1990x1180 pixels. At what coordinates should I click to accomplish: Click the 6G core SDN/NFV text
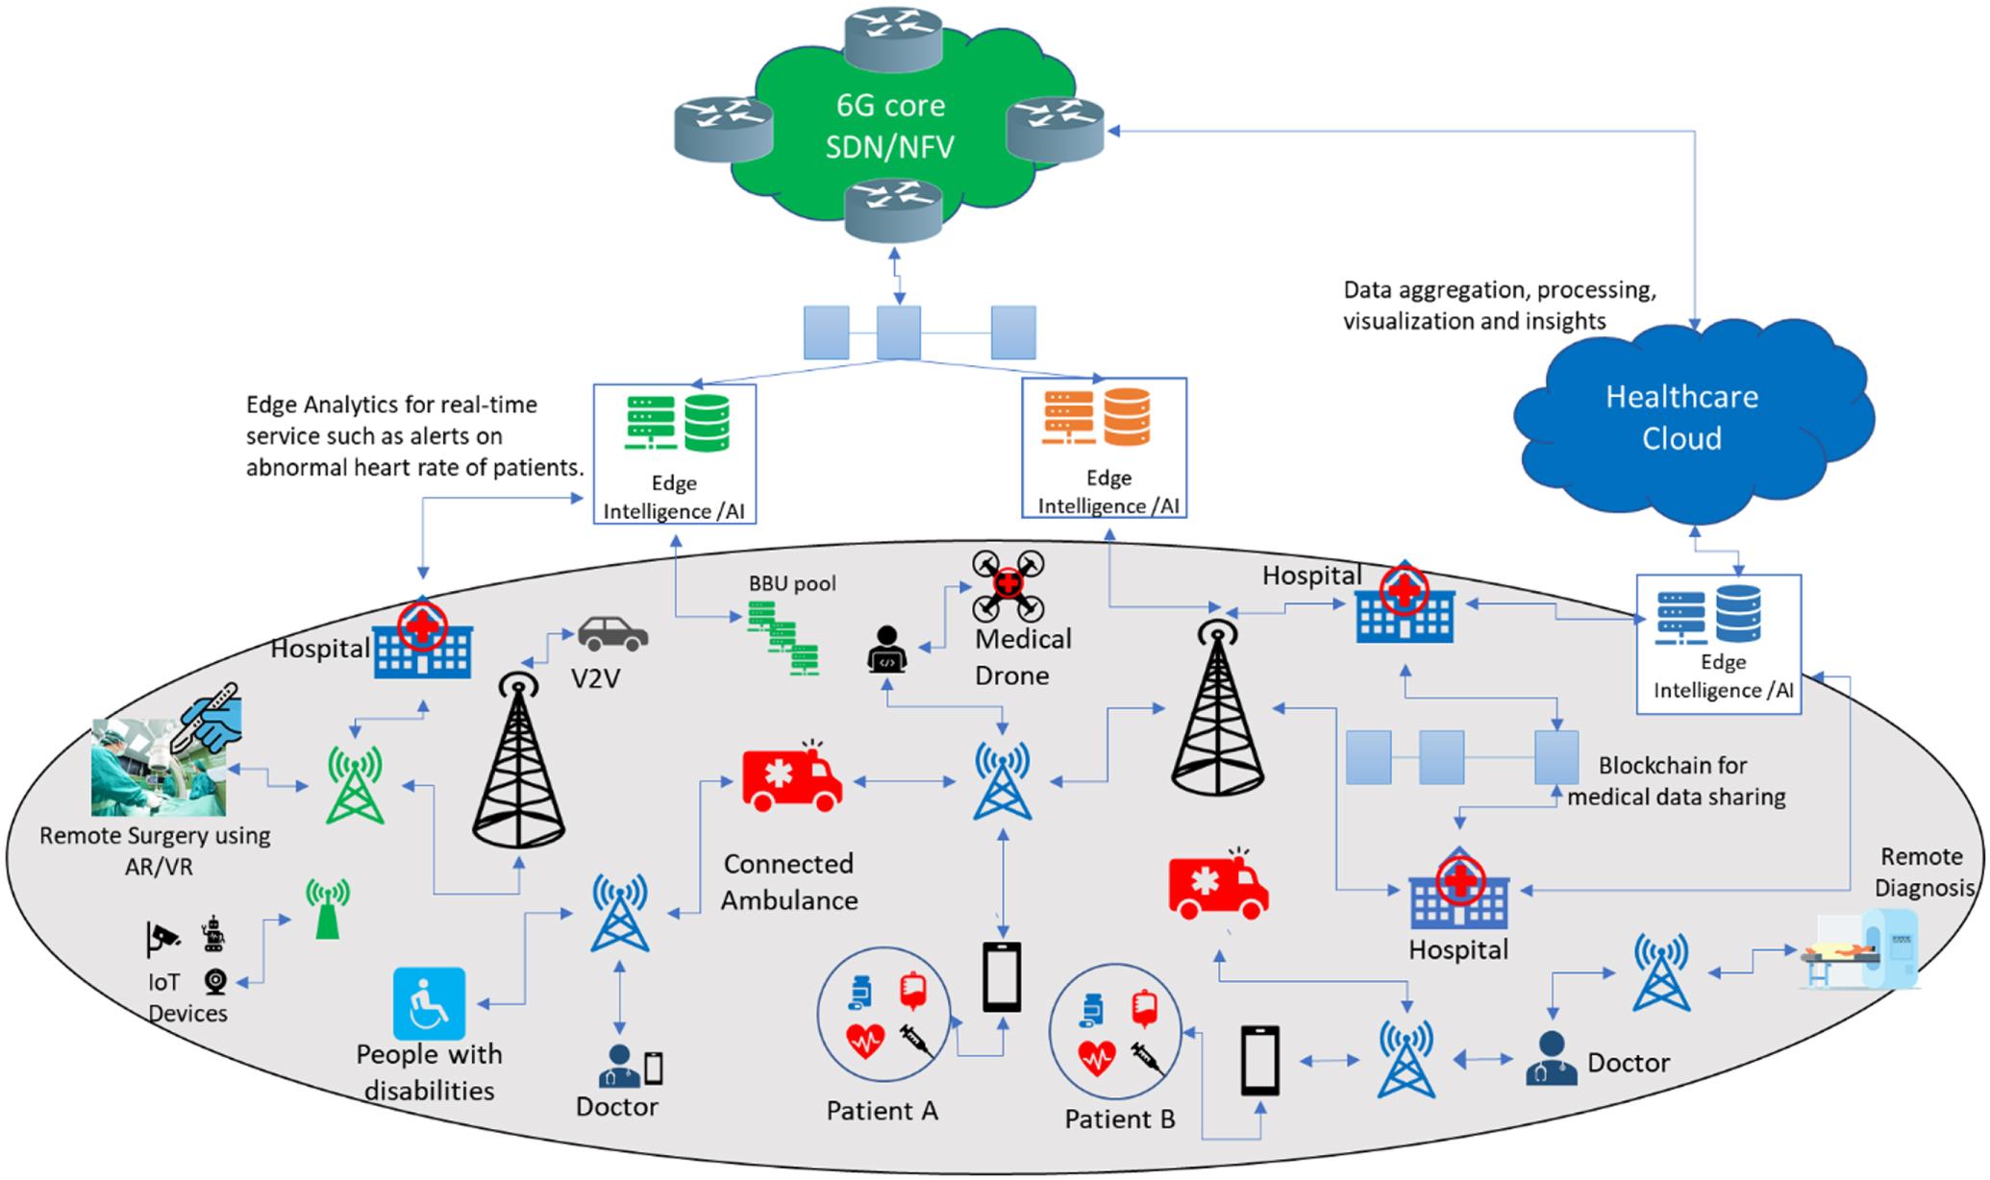pos(890,126)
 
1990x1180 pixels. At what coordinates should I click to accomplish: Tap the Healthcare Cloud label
pos(1681,417)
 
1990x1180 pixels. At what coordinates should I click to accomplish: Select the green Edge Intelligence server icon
pos(651,422)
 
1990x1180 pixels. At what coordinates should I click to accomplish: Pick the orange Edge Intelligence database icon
pos(1127,416)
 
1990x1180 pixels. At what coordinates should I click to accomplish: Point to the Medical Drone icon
pos(1007,583)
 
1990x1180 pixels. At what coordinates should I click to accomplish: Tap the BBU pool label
pos(792,583)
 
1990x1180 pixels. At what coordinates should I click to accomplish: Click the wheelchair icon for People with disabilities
pos(429,1003)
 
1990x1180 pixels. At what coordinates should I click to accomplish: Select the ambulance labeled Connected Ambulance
pos(792,779)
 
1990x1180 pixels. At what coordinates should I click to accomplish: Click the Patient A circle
pos(883,1015)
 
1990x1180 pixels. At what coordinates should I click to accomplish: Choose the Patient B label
pos(1119,1119)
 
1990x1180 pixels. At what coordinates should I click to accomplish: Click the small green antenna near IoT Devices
pos(328,909)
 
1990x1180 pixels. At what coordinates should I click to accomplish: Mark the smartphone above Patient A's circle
pos(1002,976)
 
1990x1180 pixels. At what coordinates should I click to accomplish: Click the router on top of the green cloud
pos(892,37)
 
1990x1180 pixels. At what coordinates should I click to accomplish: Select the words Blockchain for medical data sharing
pos(1676,780)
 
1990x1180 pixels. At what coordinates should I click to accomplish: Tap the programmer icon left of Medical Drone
pos(886,649)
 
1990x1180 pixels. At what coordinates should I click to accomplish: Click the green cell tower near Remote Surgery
pos(356,785)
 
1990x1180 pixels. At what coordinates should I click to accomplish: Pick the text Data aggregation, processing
pos(1499,290)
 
